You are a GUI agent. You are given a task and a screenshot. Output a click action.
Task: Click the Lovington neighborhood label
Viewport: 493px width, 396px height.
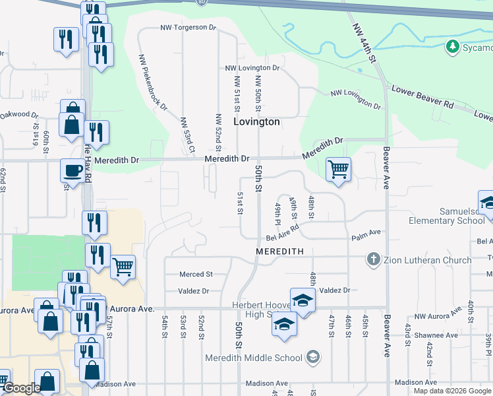click(x=256, y=122)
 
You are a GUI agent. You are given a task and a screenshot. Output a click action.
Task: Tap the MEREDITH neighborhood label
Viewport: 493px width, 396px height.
click(x=279, y=251)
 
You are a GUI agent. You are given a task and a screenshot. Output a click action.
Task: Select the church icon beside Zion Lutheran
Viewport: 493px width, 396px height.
click(x=374, y=259)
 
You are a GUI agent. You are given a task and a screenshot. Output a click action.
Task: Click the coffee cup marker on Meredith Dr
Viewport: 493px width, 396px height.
click(x=72, y=171)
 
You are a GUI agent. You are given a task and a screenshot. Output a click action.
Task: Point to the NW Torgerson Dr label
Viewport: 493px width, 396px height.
click(x=188, y=28)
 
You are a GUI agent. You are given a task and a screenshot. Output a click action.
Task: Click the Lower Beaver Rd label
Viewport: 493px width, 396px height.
click(x=422, y=96)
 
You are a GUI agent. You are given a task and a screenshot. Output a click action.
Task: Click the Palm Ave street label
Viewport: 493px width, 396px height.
click(x=366, y=232)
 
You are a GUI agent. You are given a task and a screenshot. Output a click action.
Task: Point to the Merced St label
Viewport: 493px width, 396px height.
click(x=196, y=274)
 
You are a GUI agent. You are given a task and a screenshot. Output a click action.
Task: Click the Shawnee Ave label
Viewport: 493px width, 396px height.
click(x=441, y=335)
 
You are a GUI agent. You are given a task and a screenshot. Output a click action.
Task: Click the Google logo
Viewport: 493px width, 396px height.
click(x=21, y=388)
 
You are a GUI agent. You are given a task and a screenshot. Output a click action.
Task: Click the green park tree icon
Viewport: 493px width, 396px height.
click(x=453, y=46)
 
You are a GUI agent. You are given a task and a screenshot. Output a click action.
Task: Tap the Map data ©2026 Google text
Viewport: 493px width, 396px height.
click(x=452, y=391)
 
